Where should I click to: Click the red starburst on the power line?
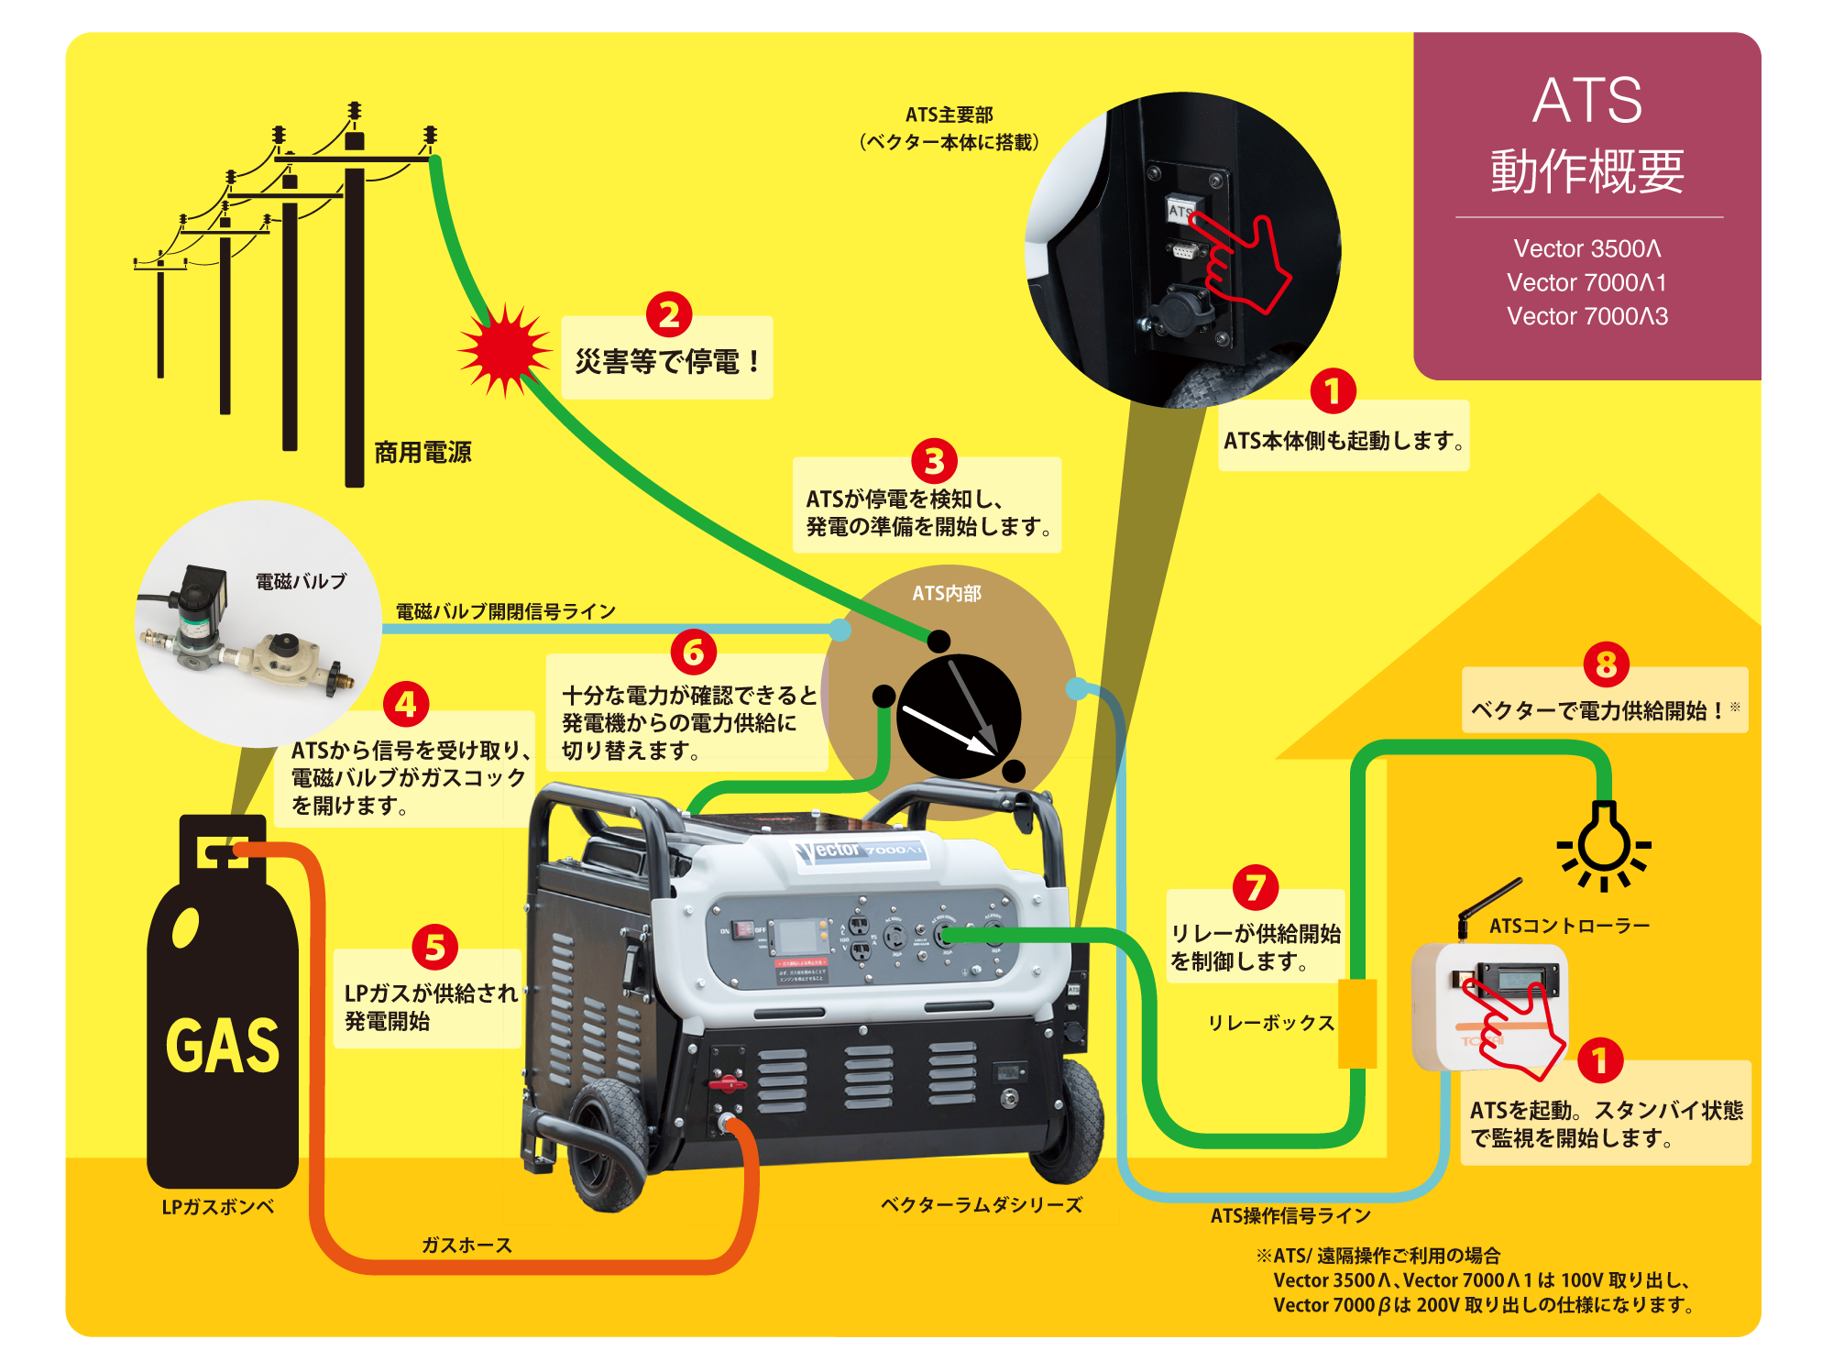[x=505, y=351]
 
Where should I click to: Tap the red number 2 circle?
[x=669, y=314]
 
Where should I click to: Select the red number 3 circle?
[x=934, y=461]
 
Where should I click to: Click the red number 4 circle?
[x=406, y=704]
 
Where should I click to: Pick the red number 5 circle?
[x=434, y=947]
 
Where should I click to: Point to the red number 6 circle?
[x=694, y=652]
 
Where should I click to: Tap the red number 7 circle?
[x=1256, y=886]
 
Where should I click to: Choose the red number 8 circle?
[x=1606, y=664]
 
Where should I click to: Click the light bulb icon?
[x=1604, y=843]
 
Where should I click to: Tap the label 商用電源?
[x=423, y=452]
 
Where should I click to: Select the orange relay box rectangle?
[x=1357, y=1023]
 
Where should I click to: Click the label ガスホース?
[x=466, y=1245]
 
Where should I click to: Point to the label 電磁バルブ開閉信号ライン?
[x=505, y=611]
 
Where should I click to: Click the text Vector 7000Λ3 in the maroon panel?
[x=1586, y=316]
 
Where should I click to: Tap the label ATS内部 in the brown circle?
[x=946, y=594]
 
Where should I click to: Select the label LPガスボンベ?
[x=218, y=1207]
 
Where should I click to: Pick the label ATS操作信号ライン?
[x=1290, y=1215]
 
